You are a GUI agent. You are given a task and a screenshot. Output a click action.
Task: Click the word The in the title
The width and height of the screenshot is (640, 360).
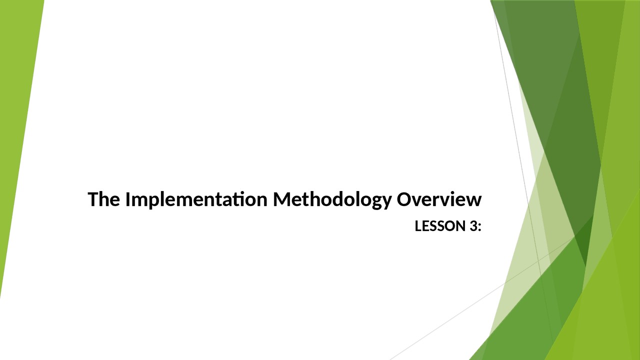point(103,199)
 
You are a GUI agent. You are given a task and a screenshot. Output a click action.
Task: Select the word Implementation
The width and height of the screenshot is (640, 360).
point(196,199)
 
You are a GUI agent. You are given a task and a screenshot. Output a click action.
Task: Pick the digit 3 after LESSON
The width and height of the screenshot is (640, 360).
point(472,226)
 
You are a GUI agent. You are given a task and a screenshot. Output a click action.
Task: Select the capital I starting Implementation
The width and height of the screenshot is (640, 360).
point(127,199)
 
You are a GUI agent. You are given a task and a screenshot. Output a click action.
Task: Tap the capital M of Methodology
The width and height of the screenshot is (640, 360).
point(282,199)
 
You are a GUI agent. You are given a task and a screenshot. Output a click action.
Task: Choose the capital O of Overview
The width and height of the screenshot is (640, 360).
point(404,199)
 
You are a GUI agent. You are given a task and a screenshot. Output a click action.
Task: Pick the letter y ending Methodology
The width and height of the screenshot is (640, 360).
point(385,202)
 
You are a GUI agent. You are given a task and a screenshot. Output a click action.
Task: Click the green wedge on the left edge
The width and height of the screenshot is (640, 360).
point(17,125)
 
